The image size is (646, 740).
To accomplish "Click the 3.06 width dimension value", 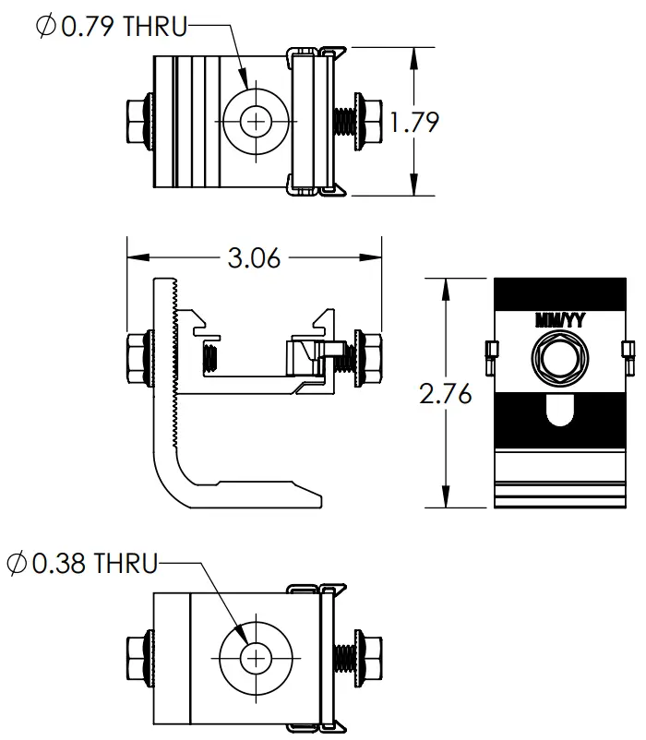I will click(254, 257).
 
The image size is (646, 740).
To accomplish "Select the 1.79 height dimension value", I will click(413, 122).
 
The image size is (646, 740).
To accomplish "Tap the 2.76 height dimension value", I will click(446, 394).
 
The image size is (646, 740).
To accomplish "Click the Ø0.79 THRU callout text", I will click(111, 27).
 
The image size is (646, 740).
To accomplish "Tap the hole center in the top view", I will click(256, 120).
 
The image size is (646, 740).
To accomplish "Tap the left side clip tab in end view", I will click(490, 351).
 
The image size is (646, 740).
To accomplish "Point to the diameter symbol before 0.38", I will click(17, 563).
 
